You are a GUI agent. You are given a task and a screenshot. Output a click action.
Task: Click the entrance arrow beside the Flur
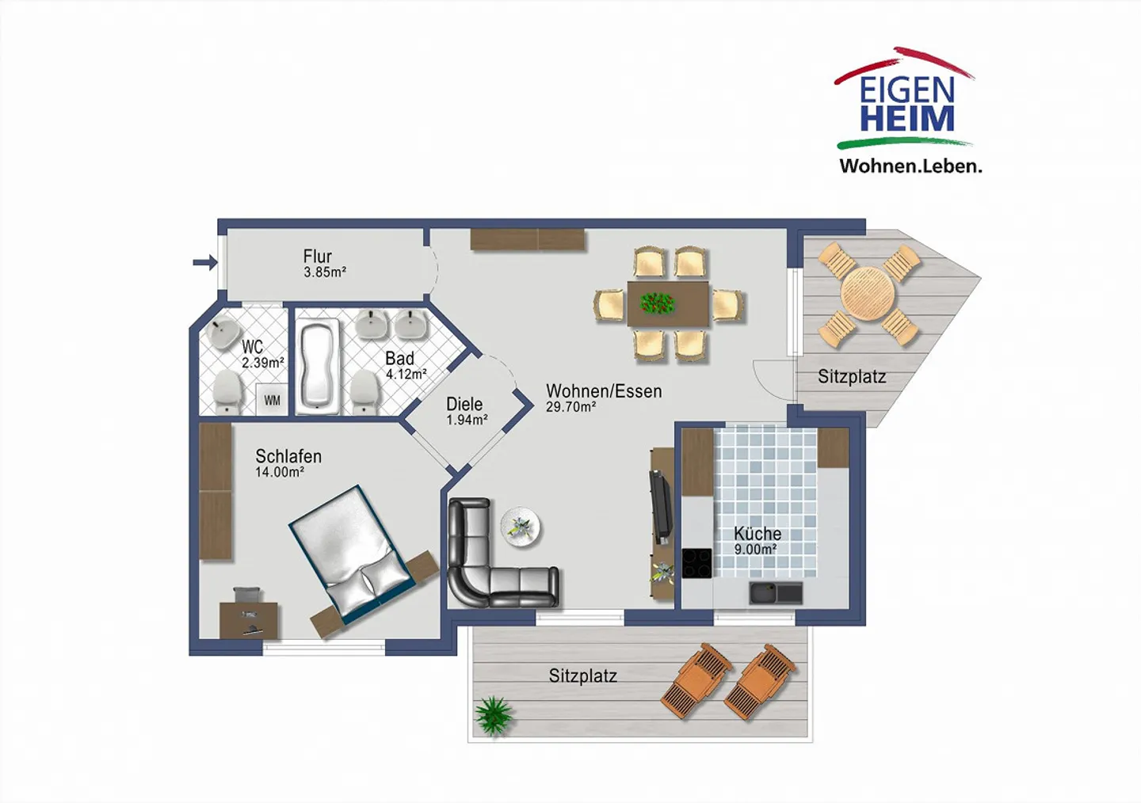pos(204,263)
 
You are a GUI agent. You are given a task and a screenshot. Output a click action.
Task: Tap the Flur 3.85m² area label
pos(323,264)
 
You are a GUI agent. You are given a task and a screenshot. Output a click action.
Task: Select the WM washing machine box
pos(272,400)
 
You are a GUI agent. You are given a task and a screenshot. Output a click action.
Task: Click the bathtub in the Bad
pos(319,366)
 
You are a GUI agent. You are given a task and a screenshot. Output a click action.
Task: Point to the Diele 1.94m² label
pos(466,411)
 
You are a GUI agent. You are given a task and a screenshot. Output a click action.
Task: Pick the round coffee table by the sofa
pos(521,527)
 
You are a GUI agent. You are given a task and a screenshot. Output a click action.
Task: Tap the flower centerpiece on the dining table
pos(657,302)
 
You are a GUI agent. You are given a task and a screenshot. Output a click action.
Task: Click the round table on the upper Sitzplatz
pos(867,294)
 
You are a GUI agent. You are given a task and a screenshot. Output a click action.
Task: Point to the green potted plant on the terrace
pos(494,714)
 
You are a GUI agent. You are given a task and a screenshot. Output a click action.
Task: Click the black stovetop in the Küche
pos(696,563)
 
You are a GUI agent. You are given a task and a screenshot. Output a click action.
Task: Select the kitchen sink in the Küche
pos(776,592)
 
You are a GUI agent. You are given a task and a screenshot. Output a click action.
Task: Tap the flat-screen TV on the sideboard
pos(660,505)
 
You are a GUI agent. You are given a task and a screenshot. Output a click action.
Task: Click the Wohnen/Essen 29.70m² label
pos(603,398)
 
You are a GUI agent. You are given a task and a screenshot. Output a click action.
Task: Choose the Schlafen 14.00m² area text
pos(288,463)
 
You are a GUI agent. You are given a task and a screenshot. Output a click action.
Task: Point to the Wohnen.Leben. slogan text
pos(910,166)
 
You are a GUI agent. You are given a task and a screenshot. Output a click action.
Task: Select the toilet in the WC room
pos(228,390)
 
